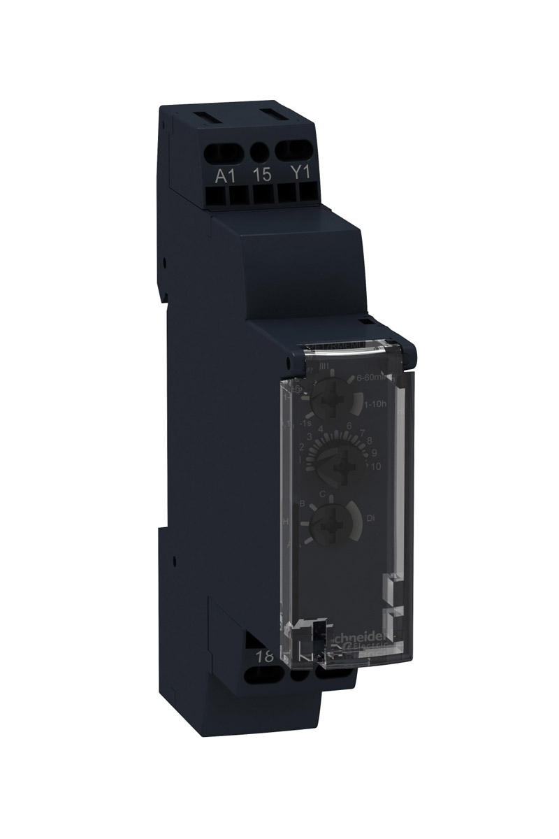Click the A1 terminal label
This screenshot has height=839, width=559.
(x=225, y=174)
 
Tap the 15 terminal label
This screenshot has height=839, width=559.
(x=262, y=174)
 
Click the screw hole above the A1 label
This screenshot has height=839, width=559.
(x=224, y=150)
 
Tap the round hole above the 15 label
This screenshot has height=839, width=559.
(x=261, y=150)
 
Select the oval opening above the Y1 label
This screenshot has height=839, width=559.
(x=296, y=150)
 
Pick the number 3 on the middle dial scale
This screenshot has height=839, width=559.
(x=308, y=436)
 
